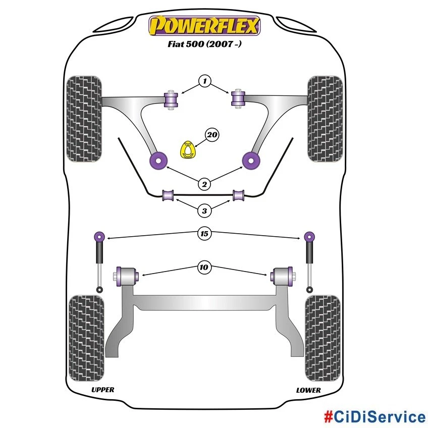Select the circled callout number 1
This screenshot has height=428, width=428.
[x=204, y=81]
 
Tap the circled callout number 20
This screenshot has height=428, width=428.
[x=212, y=135]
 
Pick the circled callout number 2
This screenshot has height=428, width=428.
[x=204, y=185]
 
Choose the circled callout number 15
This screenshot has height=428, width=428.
[x=204, y=234]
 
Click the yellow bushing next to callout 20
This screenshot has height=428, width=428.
[x=188, y=150]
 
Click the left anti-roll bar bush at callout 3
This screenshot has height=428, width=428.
[x=168, y=194]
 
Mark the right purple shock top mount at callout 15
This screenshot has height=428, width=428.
[x=309, y=236]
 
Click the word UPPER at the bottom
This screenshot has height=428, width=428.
[x=102, y=390]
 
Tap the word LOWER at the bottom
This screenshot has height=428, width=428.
[x=308, y=390]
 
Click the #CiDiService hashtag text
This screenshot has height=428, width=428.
[x=374, y=417]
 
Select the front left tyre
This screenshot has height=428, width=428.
[x=85, y=119]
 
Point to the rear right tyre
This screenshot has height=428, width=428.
[x=323, y=333]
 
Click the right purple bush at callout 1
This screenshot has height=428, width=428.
[x=238, y=98]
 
